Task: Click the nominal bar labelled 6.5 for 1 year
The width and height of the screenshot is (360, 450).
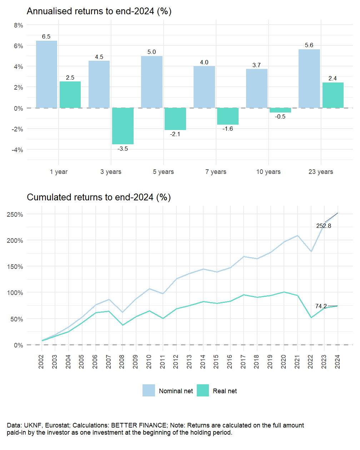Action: (46, 74)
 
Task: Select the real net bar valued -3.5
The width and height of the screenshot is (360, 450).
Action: (123, 126)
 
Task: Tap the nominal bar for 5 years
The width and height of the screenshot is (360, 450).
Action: (152, 82)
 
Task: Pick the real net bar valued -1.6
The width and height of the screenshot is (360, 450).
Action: (228, 116)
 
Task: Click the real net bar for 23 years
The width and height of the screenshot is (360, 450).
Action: (333, 95)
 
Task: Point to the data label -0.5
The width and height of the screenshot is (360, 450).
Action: (280, 117)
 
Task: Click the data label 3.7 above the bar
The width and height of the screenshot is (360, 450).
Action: (256, 65)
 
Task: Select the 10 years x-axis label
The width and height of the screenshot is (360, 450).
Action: (268, 172)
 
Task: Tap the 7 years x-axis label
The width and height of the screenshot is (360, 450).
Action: (216, 172)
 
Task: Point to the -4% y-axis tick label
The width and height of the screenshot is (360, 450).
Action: (17, 150)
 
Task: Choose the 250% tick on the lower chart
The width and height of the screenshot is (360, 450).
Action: (15, 215)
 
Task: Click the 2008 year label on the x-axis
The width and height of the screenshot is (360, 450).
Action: (122, 362)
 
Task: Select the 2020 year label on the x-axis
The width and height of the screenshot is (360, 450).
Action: (284, 362)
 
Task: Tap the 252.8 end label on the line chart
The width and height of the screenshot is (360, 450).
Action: (324, 226)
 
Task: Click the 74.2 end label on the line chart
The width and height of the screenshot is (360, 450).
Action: (321, 306)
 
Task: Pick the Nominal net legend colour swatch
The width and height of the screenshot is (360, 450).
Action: (149, 391)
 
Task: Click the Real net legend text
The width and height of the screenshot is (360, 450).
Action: (225, 391)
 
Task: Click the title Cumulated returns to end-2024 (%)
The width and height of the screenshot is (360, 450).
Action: (99, 197)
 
